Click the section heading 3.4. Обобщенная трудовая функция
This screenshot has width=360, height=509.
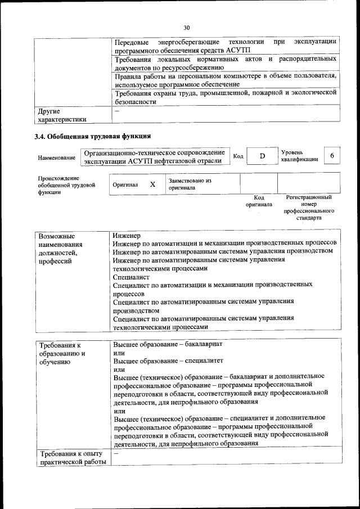pyautogui.click(x=93, y=136)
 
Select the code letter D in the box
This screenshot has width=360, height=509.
pyautogui.click(x=262, y=156)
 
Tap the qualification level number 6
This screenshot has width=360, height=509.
pyautogui.click(x=332, y=156)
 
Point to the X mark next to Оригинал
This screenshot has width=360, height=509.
pyautogui.click(x=152, y=184)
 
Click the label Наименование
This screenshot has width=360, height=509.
pyautogui.click(x=57, y=158)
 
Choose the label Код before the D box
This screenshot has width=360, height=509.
pyautogui.click(x=238, y=156)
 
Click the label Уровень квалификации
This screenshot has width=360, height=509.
pyautogui.click(x=299, y=156)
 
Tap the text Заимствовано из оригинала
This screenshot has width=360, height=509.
pyautogui.click(x=189, y=184)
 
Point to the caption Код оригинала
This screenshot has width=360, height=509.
pyautogui.click(x=259, y=201)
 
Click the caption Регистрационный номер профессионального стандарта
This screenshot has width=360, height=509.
pyautogui.click(x=308, y=207)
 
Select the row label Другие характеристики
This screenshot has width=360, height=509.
pyautogui.click(x=61, y=115)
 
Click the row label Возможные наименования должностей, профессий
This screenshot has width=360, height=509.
pyautogui.click(x=60, y=249)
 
